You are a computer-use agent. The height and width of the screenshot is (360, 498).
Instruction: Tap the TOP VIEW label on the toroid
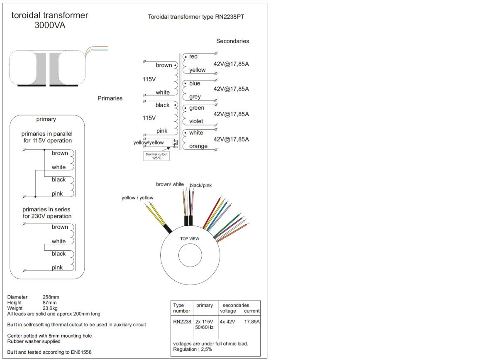point(189,239)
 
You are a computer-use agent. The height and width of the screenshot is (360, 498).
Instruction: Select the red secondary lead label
point(193,56)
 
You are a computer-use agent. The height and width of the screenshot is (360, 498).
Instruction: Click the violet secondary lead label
point(196,121)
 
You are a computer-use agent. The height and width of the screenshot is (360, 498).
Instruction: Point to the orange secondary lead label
point(198,146)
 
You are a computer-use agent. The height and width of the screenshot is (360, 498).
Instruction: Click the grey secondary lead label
point(195,97)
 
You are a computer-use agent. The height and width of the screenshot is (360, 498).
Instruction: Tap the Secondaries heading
point(232,41)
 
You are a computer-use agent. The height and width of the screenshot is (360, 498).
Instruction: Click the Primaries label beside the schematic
point(110,98)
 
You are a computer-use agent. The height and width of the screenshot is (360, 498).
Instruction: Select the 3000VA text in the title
point(50,25)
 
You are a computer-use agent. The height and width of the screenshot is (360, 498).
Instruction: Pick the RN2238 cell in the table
point(182,321)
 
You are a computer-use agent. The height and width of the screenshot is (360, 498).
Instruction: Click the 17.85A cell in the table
point(252,321)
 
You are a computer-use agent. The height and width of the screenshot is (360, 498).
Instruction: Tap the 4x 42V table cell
point(227,321)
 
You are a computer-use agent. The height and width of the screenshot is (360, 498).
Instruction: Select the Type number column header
point(181,308)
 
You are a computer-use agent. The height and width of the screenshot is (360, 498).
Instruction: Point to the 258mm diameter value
point(51,297)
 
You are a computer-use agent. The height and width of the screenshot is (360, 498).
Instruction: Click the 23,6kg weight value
point(51,308)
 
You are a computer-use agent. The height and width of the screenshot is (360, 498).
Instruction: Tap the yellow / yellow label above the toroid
point(137,198)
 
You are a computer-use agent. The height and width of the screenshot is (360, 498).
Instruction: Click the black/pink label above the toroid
point(200,185)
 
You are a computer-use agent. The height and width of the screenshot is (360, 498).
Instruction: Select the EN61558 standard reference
point(80,352)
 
